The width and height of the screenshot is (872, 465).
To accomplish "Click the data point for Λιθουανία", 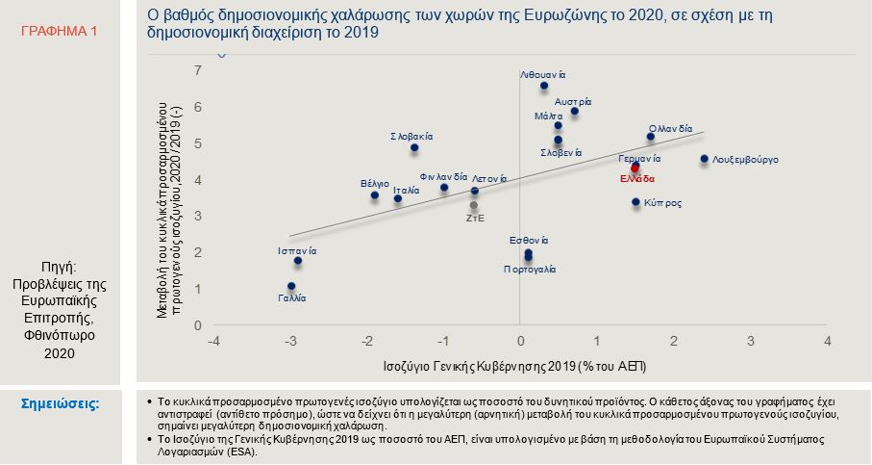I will pyautogui.click(x=544, y=86).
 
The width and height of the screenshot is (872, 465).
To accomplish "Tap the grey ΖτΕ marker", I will pyautogui.click(x=474, y=205).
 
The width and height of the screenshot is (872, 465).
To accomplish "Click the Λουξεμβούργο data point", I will pyautogui.click(x=704, y=159).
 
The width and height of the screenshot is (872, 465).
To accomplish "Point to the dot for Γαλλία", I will pyautogui.click(x=291, y=286).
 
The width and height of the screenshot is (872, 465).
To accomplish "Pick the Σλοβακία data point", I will pyautogui.click(x=414, y=148).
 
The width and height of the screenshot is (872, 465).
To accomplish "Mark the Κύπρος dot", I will pyautogui.click(x=635, y=202).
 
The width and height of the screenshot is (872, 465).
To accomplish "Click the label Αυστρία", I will pyautogui.click(x=573, y=101).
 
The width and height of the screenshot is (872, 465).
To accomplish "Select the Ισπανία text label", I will pyautogui.click(x=297, y=250).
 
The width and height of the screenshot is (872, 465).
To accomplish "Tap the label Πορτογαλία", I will pyautogui.click(x=530, y=270).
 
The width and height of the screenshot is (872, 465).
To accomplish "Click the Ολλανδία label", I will pyautogui.click(x=670, y=127).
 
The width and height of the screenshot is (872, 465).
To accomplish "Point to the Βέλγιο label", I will pyautogui.click(x=374, y=183).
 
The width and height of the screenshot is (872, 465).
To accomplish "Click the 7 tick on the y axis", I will pyautogui.click(x=197, y=70).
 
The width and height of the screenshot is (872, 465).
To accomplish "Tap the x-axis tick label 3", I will pyautogui.click(x=751, y=341).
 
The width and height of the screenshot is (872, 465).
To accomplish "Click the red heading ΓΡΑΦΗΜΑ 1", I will pyautogui.click(x=60, y=32).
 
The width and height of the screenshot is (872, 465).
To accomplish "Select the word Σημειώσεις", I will pyautogui.click(x=60, y=402).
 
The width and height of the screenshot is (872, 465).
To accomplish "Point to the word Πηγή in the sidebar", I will pyautogui.click(x=60, y=267).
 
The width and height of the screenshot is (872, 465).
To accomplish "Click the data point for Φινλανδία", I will pyautogui.click(x=444, y=188).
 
